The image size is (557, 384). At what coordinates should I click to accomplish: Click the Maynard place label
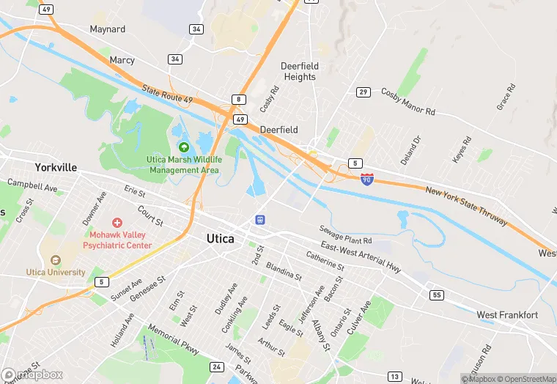click(107, 29)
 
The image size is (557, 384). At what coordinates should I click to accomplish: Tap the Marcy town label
click(122, 59)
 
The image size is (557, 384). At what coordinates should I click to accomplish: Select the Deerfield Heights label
click(299, 71)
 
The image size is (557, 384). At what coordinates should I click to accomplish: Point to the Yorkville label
click(55, 167)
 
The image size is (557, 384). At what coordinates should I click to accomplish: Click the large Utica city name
click(221, 238)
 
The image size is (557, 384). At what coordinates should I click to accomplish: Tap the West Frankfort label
click(507, 315)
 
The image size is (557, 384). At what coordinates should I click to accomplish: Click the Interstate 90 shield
click(366, 179)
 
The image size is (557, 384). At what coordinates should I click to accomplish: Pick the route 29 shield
click(363, 92)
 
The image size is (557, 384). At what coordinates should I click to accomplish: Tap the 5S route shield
click(438, 295)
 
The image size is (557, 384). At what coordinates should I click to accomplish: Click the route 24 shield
click(216, 366)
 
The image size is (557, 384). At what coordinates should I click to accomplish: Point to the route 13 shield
click(395, 377)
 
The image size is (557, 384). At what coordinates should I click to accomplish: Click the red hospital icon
click(117, 222)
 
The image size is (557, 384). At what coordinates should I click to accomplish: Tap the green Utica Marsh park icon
click(183, 147)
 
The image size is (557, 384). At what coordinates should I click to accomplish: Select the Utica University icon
click(56, 259)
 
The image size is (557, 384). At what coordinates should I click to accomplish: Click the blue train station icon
click(259, 219)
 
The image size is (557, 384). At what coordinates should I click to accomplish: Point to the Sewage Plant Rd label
click(346, 235)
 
